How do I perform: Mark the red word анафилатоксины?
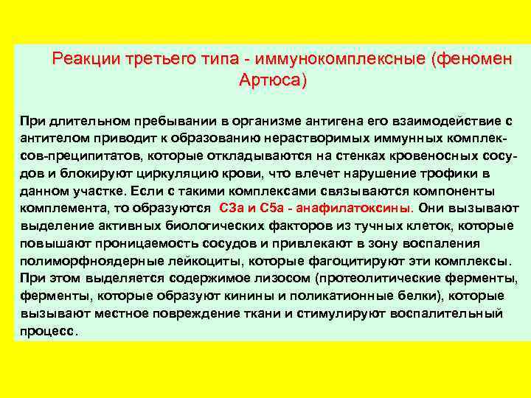[358, 209]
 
